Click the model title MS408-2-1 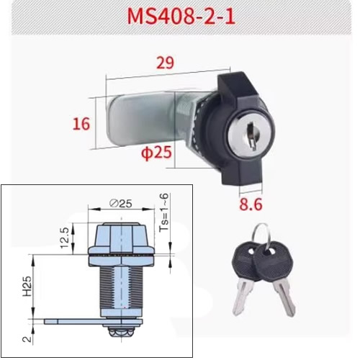[x=179, y=15]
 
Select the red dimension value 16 [x=80, y=123]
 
